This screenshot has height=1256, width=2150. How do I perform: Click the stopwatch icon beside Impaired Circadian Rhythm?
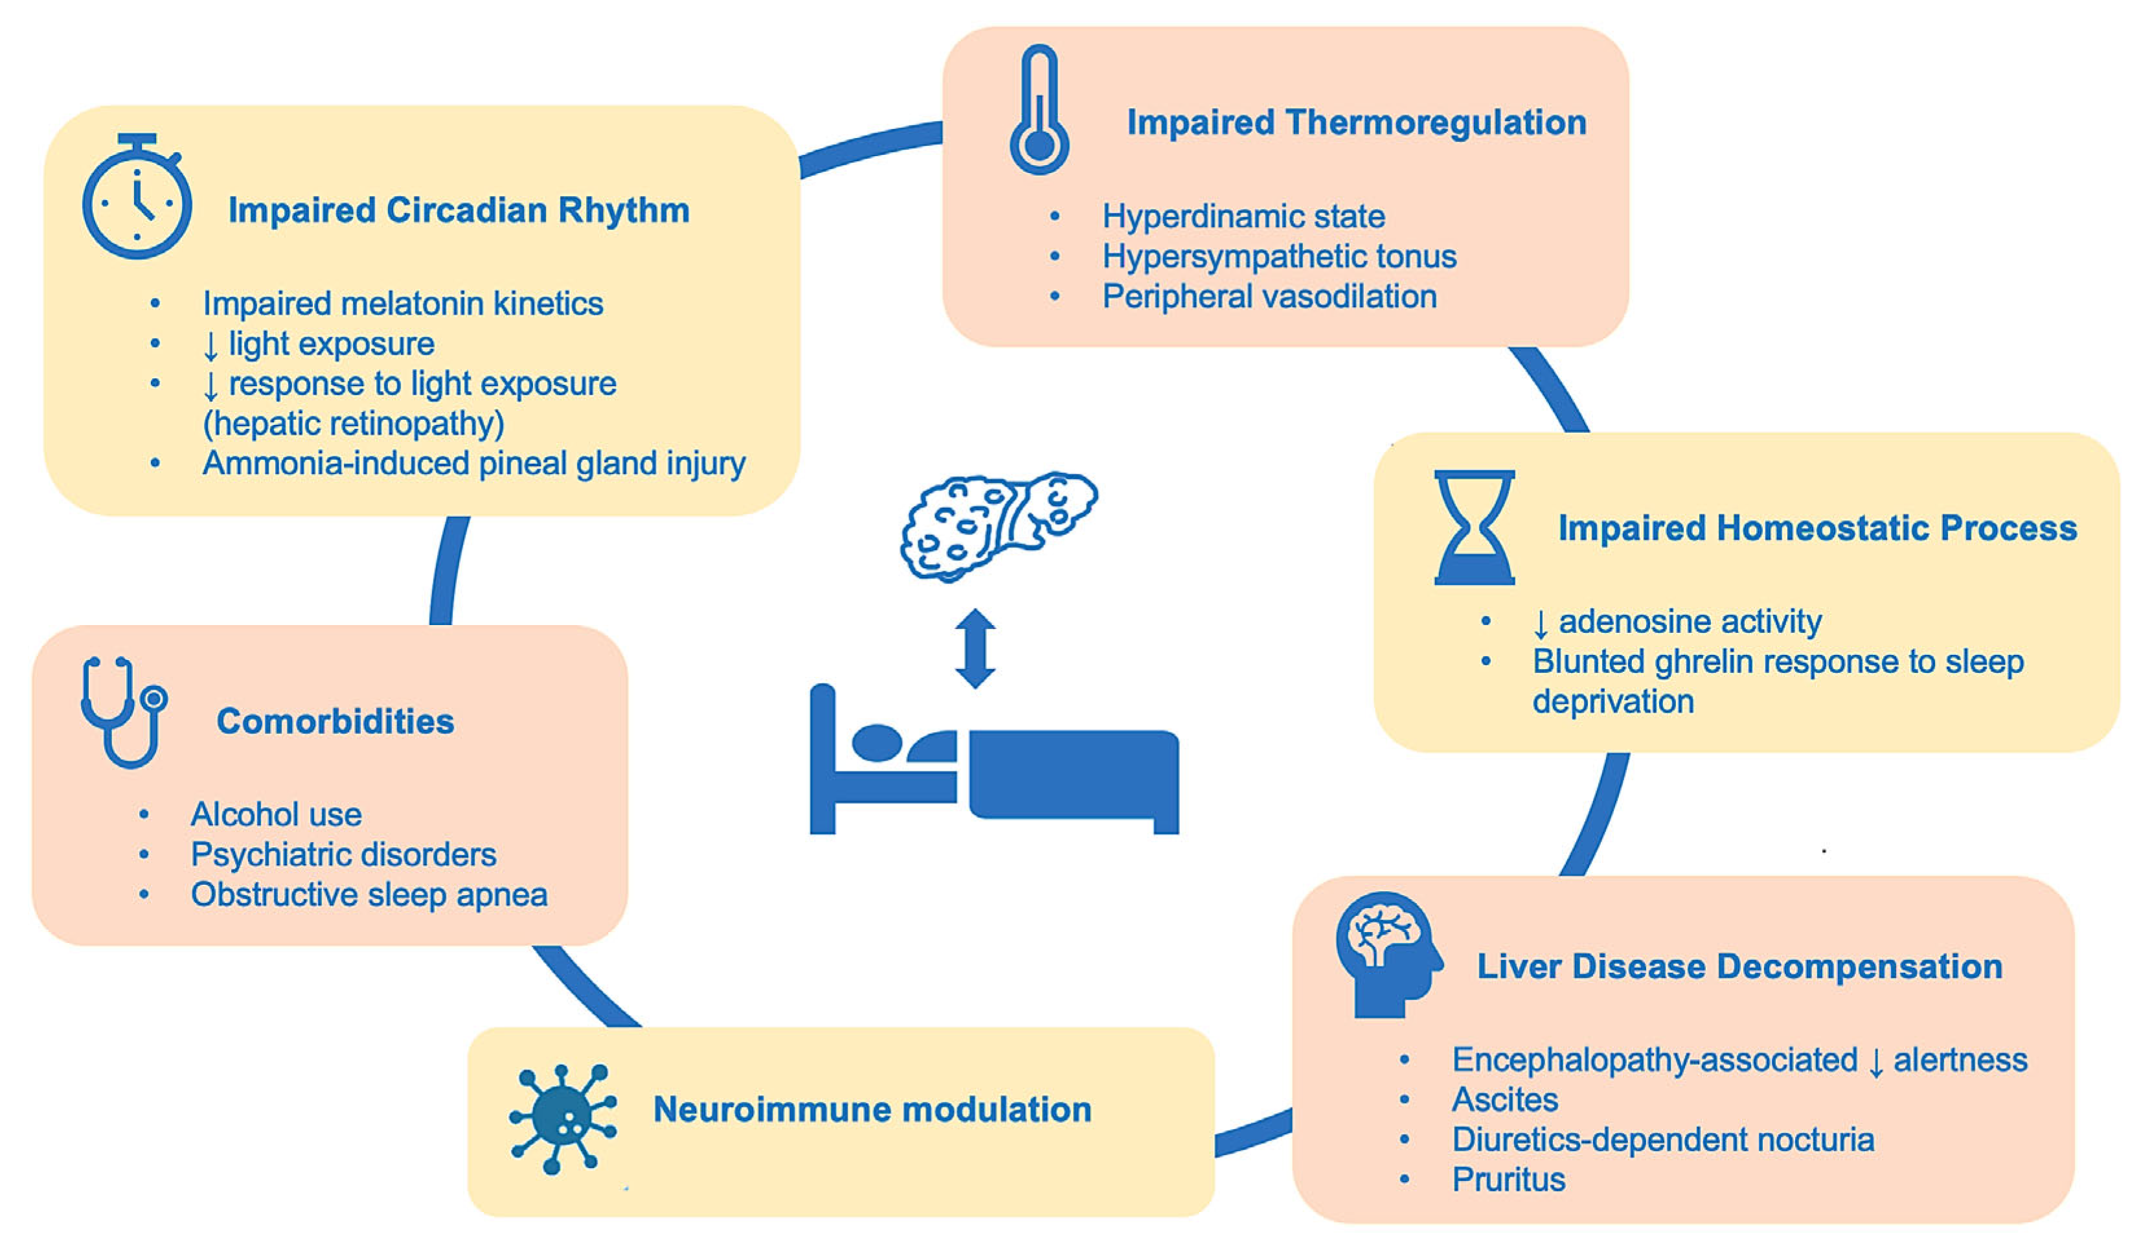coord(137,198)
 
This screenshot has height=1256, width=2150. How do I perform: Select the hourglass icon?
coord(1475,527)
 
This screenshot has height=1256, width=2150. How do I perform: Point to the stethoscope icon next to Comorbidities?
coord(124,712)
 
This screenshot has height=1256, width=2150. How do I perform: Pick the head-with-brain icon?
coord(1387,954)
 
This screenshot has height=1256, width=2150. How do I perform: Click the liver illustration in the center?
coord(998,525)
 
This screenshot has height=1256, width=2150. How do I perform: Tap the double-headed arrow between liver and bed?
coord(975,648)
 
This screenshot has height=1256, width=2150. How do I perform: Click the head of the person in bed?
coord(876,742)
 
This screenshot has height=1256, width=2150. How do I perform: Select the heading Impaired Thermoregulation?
coord(1357,122)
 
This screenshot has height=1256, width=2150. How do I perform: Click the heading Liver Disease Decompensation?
coord(1739,966)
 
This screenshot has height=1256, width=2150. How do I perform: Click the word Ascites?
coord(1505,1099)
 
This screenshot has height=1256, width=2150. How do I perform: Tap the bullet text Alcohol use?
coord(276,814)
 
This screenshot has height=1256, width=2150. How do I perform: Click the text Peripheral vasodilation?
coord(1269,296)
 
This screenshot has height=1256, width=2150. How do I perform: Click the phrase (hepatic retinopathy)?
coord(353,423)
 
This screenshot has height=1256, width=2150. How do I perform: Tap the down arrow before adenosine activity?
coord(1540,624)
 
